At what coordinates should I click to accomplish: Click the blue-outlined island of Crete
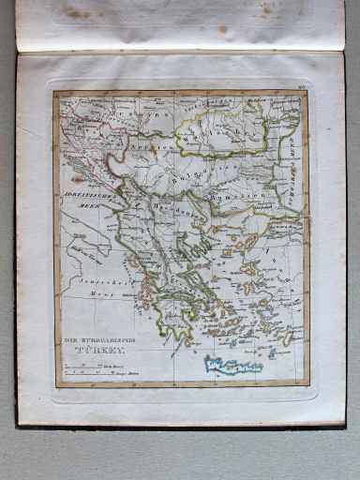pyautogui.click(x=233, y=365)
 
